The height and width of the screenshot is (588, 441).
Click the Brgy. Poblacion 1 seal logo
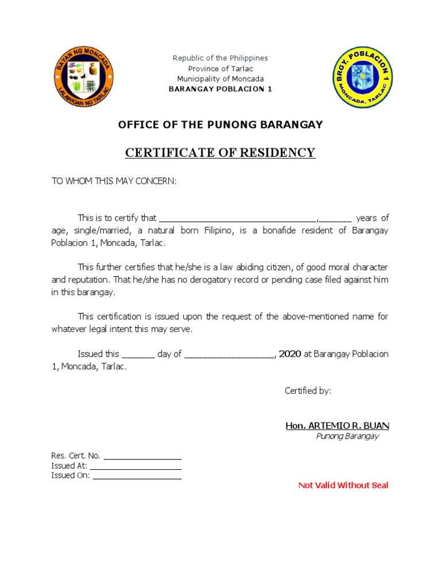[362, 78]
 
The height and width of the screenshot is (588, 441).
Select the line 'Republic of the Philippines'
[220, 58]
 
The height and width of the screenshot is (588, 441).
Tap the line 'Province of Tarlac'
[220, 68]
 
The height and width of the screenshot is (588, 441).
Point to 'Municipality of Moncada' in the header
[220, 79]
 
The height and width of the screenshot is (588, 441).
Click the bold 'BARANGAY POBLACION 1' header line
[220, 89]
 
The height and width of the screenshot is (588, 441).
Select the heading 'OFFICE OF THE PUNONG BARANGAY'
[220, 125]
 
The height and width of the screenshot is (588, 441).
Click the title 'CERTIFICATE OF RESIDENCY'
[220, 153]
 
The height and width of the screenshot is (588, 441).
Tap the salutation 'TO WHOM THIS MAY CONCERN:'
[114, 181]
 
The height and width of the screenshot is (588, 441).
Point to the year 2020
[290, 354]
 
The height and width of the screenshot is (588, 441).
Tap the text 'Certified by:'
[308, 391]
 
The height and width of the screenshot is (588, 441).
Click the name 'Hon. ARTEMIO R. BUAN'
[337, 425]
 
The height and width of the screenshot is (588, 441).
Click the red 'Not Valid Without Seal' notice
[343, 485]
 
